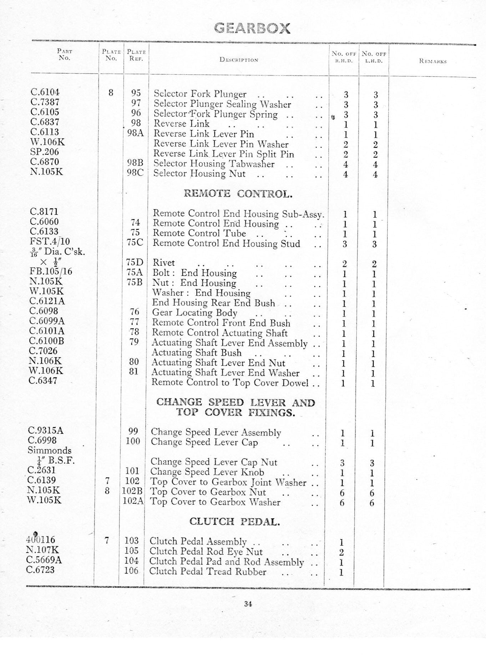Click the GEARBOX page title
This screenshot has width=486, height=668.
point(252,28)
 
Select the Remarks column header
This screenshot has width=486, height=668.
point(433,61)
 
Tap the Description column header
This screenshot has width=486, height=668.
point(239,60)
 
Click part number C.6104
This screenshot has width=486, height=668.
point(45,92)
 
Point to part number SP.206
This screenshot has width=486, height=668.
point(45,152)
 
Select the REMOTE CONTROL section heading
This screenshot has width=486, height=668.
point(238,194)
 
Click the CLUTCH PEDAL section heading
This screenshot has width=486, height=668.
point(234,522)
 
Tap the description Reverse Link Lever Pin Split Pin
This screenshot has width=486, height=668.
point(224,154)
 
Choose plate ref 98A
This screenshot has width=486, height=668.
point(136,133)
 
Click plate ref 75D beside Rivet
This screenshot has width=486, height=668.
point(135,263)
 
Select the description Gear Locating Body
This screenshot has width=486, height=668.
point(195,313)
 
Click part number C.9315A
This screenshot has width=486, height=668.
point(45,430)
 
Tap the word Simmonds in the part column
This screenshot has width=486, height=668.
point(49,450)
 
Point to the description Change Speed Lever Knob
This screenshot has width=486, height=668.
point(207,472)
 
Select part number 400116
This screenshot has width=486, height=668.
point(41,540)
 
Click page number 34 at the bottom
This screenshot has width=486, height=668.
point(248,604)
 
